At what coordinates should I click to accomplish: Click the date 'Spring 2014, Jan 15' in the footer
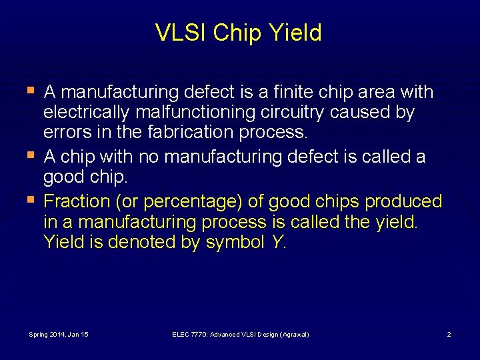(x=59, y=334)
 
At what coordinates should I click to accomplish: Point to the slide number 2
(x=449, y=334)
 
